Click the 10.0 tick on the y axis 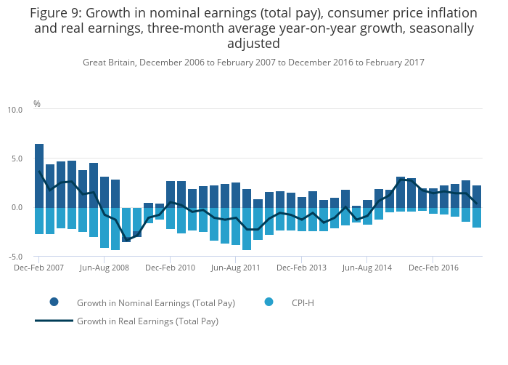(x=15, y=110)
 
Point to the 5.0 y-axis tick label (x=16, y=159)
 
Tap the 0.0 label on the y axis (x=16, y=208)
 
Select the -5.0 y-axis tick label (x=15, y=257)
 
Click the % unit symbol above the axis (x=37, y=104)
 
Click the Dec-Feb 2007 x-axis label (x=39, y=268)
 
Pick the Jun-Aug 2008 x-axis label (x=105, y=268)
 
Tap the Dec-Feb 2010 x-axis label (x=171, y=268)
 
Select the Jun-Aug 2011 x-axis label (x=236, y=268)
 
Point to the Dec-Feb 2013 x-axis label (x=301, y=268)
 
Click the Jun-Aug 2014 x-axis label (x=366, y=268)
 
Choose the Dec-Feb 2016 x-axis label (x=433, y=268)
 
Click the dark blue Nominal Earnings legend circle (x=54, y=302)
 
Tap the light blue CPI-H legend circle (x=269, y=302)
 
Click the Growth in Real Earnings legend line (x=54, y=321)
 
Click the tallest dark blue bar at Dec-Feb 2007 (x=39, y=175)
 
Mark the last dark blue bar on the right (x=477, y=196)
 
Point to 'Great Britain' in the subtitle (x=108, y=63)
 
